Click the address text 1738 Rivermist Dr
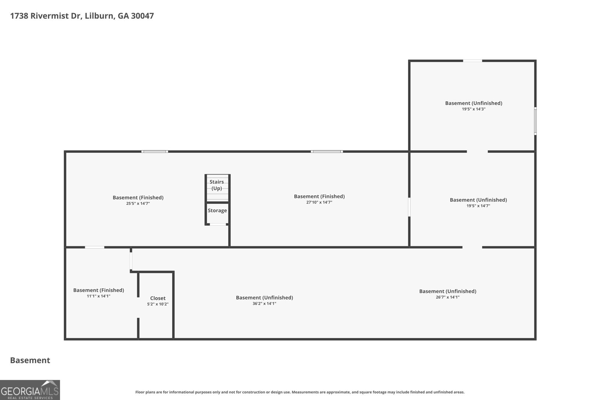click(x=45, y=16)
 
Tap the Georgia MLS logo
click(x=30, y=390)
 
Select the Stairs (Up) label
click(x=217, y=185)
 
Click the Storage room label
click(x=217, y=210)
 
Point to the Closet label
click(x=158, y=298)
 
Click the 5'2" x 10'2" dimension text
click(x=158, y=304)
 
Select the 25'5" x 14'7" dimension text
click(x=138, y=204)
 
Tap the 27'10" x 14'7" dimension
click(x=319, y=202)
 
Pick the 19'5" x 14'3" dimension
click(x=474, y=109)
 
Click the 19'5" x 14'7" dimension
click(x=478, y=206)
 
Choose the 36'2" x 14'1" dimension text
click(x=264, y=304)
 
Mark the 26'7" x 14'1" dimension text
click(x=448, y=297)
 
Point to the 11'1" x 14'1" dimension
click(x=99, y=296)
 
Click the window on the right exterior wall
click(x=535, y=121)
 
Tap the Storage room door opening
click(x=218, y=224)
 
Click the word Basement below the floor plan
click(x=30, y=360)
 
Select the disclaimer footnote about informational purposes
click(x=300, y=392)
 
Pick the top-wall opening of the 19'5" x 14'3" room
click(x=472, y=61)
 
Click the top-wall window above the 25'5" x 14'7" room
click(x=155, y=151)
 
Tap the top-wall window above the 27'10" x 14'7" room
click(x=327, y=151)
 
